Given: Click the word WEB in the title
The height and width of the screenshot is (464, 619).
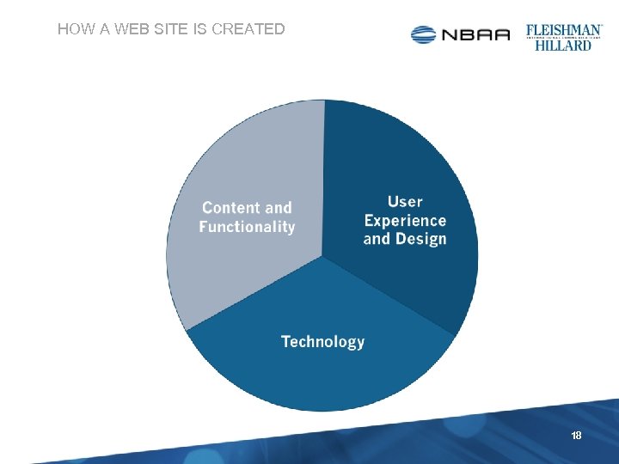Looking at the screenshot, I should click(132, 29).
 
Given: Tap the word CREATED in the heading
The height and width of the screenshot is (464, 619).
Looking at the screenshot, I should click(248, 29).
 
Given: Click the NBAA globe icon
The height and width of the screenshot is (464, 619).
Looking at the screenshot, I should click(424, 34).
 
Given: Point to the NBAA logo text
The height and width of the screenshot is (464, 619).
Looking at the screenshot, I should click(475, 35).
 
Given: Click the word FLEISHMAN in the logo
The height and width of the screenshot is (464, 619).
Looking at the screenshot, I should click(563, 29).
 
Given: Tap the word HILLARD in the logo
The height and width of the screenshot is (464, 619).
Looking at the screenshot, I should click(563, 45).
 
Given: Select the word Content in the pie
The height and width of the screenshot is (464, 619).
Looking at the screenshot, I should click(230, 208).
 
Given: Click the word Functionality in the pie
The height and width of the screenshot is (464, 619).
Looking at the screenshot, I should click(247, 228).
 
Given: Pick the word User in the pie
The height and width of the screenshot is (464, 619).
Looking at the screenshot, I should click(405, 202).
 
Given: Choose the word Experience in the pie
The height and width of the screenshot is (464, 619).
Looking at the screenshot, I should click(405, 221).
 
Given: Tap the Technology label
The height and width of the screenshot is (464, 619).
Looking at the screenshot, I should click(323, 342).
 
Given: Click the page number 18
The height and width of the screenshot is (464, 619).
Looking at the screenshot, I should click(576, 436).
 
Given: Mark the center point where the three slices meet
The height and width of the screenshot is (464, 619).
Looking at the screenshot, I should click(322, 257).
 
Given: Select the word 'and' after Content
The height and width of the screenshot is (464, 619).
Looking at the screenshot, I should click(279, 208).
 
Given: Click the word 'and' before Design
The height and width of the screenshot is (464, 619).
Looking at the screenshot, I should click(377, 240).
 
